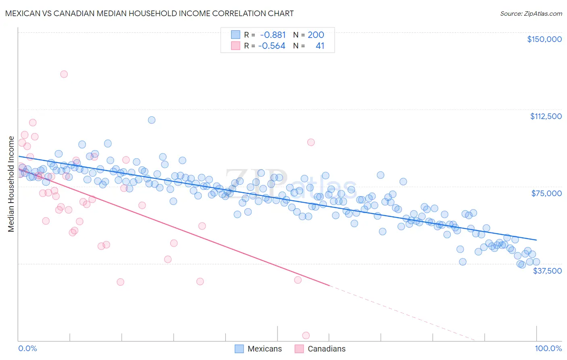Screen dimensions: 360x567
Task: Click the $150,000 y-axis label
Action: click(544, 39)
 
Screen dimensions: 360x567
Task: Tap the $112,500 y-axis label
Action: click(546, 116)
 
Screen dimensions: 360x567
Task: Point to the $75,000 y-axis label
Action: click(546, 193)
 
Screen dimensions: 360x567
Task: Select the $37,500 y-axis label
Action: click(547, 271)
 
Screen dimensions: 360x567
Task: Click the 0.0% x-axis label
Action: click(27, 348)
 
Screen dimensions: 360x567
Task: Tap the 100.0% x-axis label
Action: click(548, 348)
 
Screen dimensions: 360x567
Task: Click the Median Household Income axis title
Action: click(11, 184)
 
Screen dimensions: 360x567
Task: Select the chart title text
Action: click(149, 13)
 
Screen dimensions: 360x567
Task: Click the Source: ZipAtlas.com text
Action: click(531, 13)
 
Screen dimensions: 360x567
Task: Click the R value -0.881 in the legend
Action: click(273, 35)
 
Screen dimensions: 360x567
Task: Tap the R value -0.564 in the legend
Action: click(272, 46)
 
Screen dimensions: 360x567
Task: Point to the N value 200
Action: click(316, 35)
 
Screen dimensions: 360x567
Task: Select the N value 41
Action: click(320, 46)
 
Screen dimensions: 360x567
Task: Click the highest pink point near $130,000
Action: click(64, 74)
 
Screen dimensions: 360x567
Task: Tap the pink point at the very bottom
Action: click(306, 335)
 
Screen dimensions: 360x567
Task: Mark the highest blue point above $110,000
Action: click(152, 120)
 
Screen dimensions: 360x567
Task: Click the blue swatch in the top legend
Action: click(236, 35)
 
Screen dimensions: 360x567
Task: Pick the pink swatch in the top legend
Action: click(236, 46)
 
